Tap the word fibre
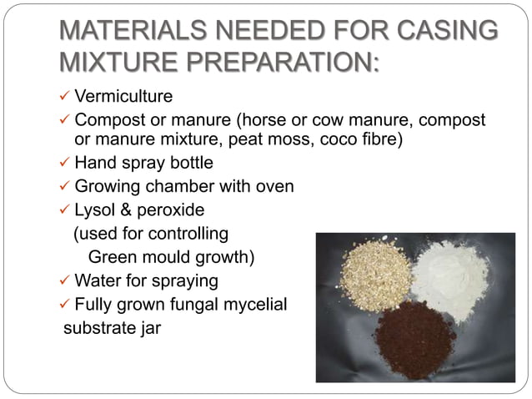379,139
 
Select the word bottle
189,163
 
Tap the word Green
114,256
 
